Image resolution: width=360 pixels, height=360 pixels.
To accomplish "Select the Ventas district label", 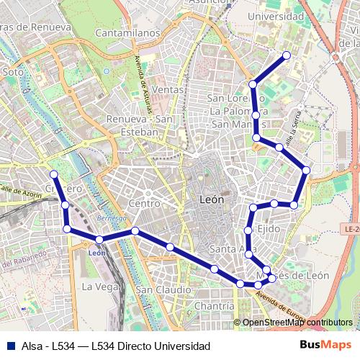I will click(x=168, y=89).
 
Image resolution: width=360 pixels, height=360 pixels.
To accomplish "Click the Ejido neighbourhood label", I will click(x=268, y=228).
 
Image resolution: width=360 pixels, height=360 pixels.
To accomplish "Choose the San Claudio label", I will click(x=164, y=289).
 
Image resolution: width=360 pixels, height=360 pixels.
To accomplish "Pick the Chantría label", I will click(x=214, y=306).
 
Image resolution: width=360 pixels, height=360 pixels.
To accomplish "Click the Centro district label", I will click(x=143, y=204).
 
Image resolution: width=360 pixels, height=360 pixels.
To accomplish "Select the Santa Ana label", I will click(x=229, y=250).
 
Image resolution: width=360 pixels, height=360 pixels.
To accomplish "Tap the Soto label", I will click(x=13, y=72).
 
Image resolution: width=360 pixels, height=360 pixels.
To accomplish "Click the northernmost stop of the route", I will click(x=287, y=55).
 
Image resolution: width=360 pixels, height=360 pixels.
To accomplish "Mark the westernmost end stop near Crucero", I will click(x=53, y=174).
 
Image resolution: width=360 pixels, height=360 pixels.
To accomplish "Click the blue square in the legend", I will click(x=10, y=346).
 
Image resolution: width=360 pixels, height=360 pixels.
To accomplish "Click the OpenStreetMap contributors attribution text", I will click(x=297, y=323).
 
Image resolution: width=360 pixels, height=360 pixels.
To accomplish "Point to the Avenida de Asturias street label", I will click(x=143, y=81).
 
